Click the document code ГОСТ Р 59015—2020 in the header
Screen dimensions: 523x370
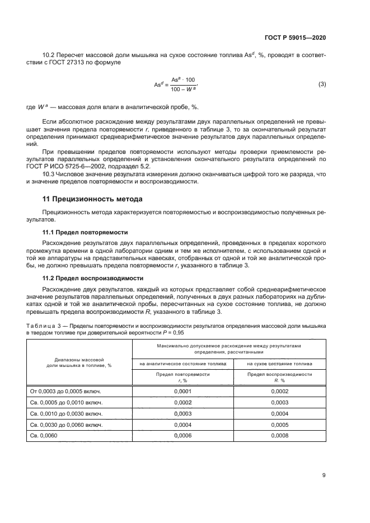coord(294,37)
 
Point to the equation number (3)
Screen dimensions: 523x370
coord(322,84)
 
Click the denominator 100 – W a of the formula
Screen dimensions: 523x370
coord(183,89)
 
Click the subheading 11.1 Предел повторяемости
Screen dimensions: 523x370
coord(86,232)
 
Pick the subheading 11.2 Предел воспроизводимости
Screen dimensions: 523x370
coord(92,277)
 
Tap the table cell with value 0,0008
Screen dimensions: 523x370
coord(280,436)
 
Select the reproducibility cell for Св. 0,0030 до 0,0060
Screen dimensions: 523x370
coord(280,425)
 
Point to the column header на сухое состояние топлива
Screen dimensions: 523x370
coord(280,363)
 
